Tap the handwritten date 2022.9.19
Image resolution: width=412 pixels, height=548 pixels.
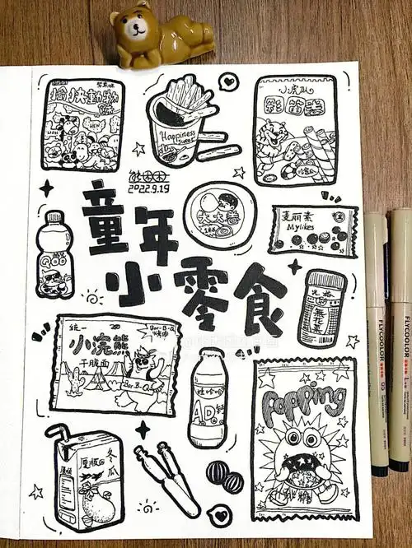pos(148,188)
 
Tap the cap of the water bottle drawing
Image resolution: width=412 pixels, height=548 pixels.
pos(54,218)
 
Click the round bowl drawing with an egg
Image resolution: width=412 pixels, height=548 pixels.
pos(218,213)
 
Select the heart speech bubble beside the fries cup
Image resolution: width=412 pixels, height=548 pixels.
pos(227,82)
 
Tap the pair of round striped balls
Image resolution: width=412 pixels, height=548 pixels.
pos(224,477)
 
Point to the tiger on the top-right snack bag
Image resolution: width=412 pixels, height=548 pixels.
pos(272,137)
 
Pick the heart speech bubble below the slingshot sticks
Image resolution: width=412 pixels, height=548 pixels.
pos(219,515)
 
